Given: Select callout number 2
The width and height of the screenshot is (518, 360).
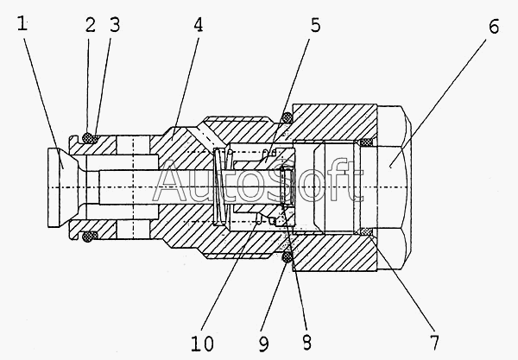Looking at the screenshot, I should tap(90, 26).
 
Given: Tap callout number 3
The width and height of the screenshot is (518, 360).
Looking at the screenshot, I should tap(113, 26).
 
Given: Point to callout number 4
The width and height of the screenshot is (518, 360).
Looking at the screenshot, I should tap(199, 26).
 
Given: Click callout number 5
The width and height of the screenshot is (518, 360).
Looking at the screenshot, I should tap(316, 26).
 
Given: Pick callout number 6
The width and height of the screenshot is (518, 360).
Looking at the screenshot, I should tap(493, 26).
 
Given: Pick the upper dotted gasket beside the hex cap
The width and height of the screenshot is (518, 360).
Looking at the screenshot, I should tap(366, 142).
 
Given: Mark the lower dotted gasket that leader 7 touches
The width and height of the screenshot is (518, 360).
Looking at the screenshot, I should tap(366, 231).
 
